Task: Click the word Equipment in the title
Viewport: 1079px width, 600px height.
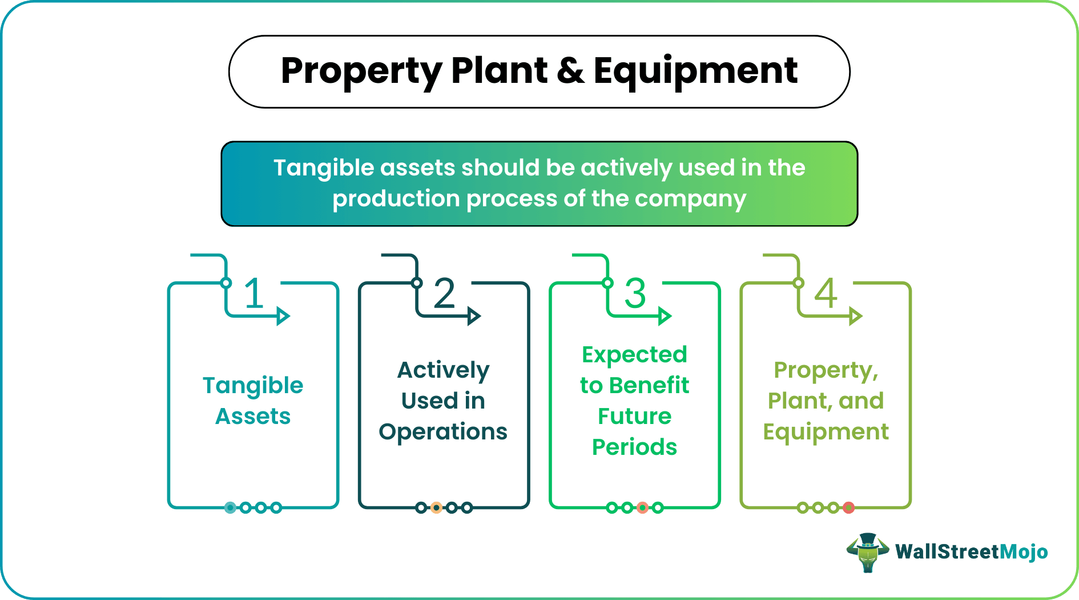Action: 695,71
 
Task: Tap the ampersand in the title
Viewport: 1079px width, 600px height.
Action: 570,71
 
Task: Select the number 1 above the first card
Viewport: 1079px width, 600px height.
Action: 254,294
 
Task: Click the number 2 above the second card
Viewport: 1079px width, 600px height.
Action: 444,294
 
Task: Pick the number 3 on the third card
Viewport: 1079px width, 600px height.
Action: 635,294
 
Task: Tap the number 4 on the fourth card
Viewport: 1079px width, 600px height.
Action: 826,294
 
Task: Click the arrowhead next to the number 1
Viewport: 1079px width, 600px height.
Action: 283,315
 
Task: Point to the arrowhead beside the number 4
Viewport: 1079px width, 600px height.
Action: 855,315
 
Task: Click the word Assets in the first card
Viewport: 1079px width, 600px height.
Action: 253,417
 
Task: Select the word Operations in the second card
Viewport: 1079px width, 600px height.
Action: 443,432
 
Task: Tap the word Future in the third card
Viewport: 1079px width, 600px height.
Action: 634,417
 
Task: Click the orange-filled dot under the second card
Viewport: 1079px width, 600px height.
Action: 436,507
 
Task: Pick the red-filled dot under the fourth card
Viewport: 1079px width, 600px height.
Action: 849,507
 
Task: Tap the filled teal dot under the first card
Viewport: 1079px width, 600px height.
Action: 230,507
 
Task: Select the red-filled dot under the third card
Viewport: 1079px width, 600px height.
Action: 642,507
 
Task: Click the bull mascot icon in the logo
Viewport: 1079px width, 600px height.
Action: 867,552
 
